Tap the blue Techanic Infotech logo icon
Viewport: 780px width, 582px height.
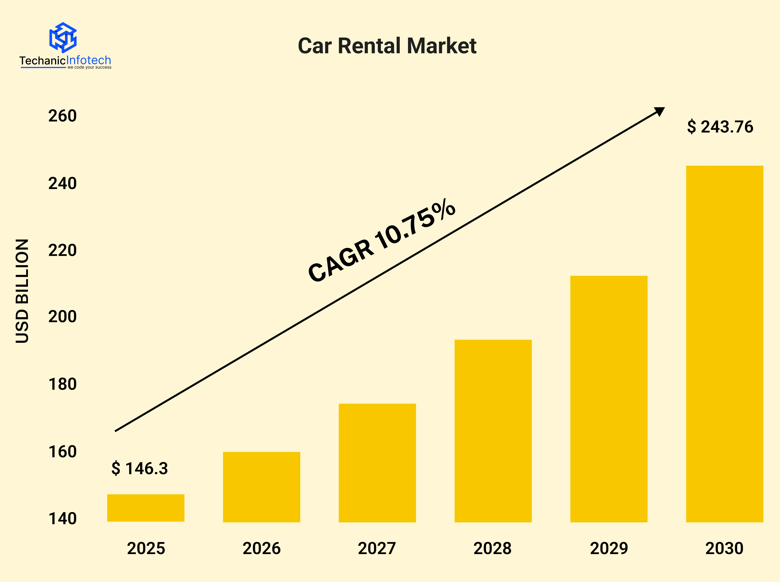pos(63,37)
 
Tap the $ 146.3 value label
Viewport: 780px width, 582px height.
pos(140,468)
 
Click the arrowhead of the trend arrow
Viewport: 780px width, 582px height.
pos(659,111)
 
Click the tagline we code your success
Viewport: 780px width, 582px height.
pos(89,67)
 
